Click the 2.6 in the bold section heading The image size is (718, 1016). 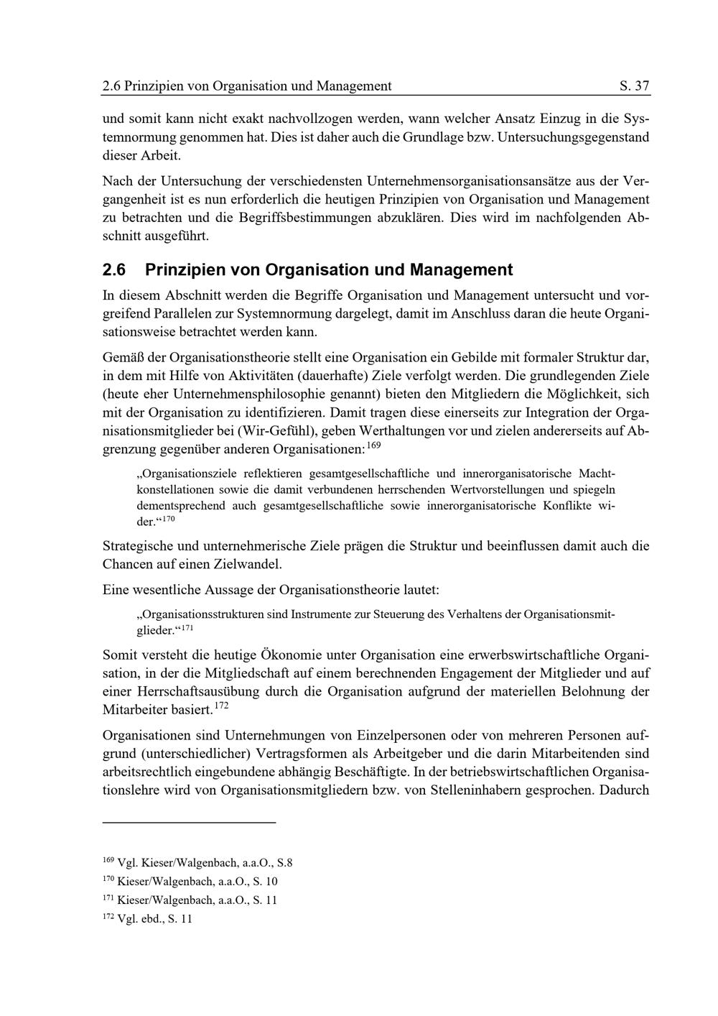point(114,270)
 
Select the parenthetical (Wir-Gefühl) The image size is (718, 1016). point(277,431)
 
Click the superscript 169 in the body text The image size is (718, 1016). point(373,446)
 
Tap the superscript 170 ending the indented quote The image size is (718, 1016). point(167,519)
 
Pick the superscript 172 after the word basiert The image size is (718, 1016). point(221,707)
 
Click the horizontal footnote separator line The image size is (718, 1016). point(190,821)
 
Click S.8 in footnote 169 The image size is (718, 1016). point(284,863)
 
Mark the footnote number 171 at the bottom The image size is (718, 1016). point(108,898)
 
